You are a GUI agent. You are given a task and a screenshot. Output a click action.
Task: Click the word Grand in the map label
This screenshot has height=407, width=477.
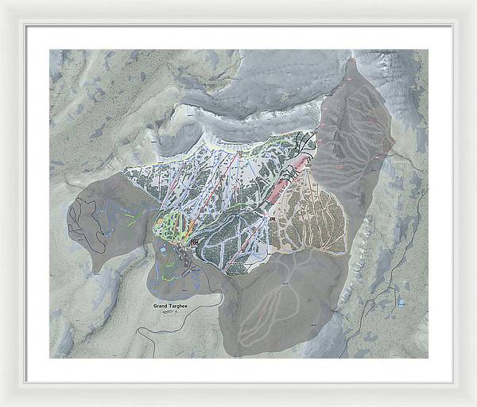162,305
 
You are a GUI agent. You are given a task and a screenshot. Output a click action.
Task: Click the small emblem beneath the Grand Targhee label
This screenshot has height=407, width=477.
168,312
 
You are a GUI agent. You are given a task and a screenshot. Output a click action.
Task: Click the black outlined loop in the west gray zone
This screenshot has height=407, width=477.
83,223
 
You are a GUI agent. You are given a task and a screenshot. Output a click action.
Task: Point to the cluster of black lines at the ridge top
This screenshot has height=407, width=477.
304,143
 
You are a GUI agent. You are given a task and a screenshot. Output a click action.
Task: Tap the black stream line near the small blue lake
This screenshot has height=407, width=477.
382,294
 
